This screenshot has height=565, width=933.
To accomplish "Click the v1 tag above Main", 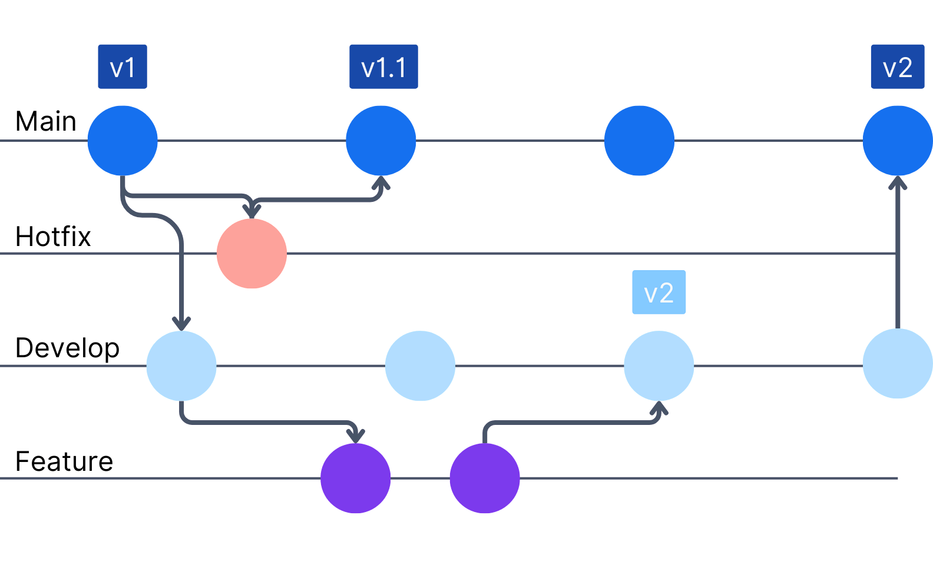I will pos(123,67).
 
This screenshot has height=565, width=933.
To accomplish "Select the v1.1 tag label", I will pos(383,67).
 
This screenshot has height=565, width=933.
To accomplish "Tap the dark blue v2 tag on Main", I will pos(897,67).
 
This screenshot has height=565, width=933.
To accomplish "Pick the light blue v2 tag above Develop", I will pos(659,293).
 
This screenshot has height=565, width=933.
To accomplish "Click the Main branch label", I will pos(46,122).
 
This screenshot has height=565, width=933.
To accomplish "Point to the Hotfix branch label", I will pos(53,237).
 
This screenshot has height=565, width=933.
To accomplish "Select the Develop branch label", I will pos(67,348).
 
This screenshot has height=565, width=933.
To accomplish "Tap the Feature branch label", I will pos(64,461).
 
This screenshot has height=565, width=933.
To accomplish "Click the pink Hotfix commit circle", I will pos(252,254).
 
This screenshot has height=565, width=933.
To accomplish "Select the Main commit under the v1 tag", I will pos(123,141).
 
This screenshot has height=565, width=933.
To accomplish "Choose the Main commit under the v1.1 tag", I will pos(381,141).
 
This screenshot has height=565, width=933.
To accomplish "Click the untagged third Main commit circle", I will pos(639,141).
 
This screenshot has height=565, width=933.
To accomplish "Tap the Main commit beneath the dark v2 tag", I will pos(897,141).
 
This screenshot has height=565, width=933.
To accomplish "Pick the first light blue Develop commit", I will pos(181,365).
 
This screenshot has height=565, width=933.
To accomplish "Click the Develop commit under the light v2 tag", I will pos(659,365).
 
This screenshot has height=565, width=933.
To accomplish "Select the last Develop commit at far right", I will pos(897,364).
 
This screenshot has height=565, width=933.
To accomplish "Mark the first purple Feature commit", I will pos(355,478).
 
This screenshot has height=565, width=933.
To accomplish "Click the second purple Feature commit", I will pos(485,478).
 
